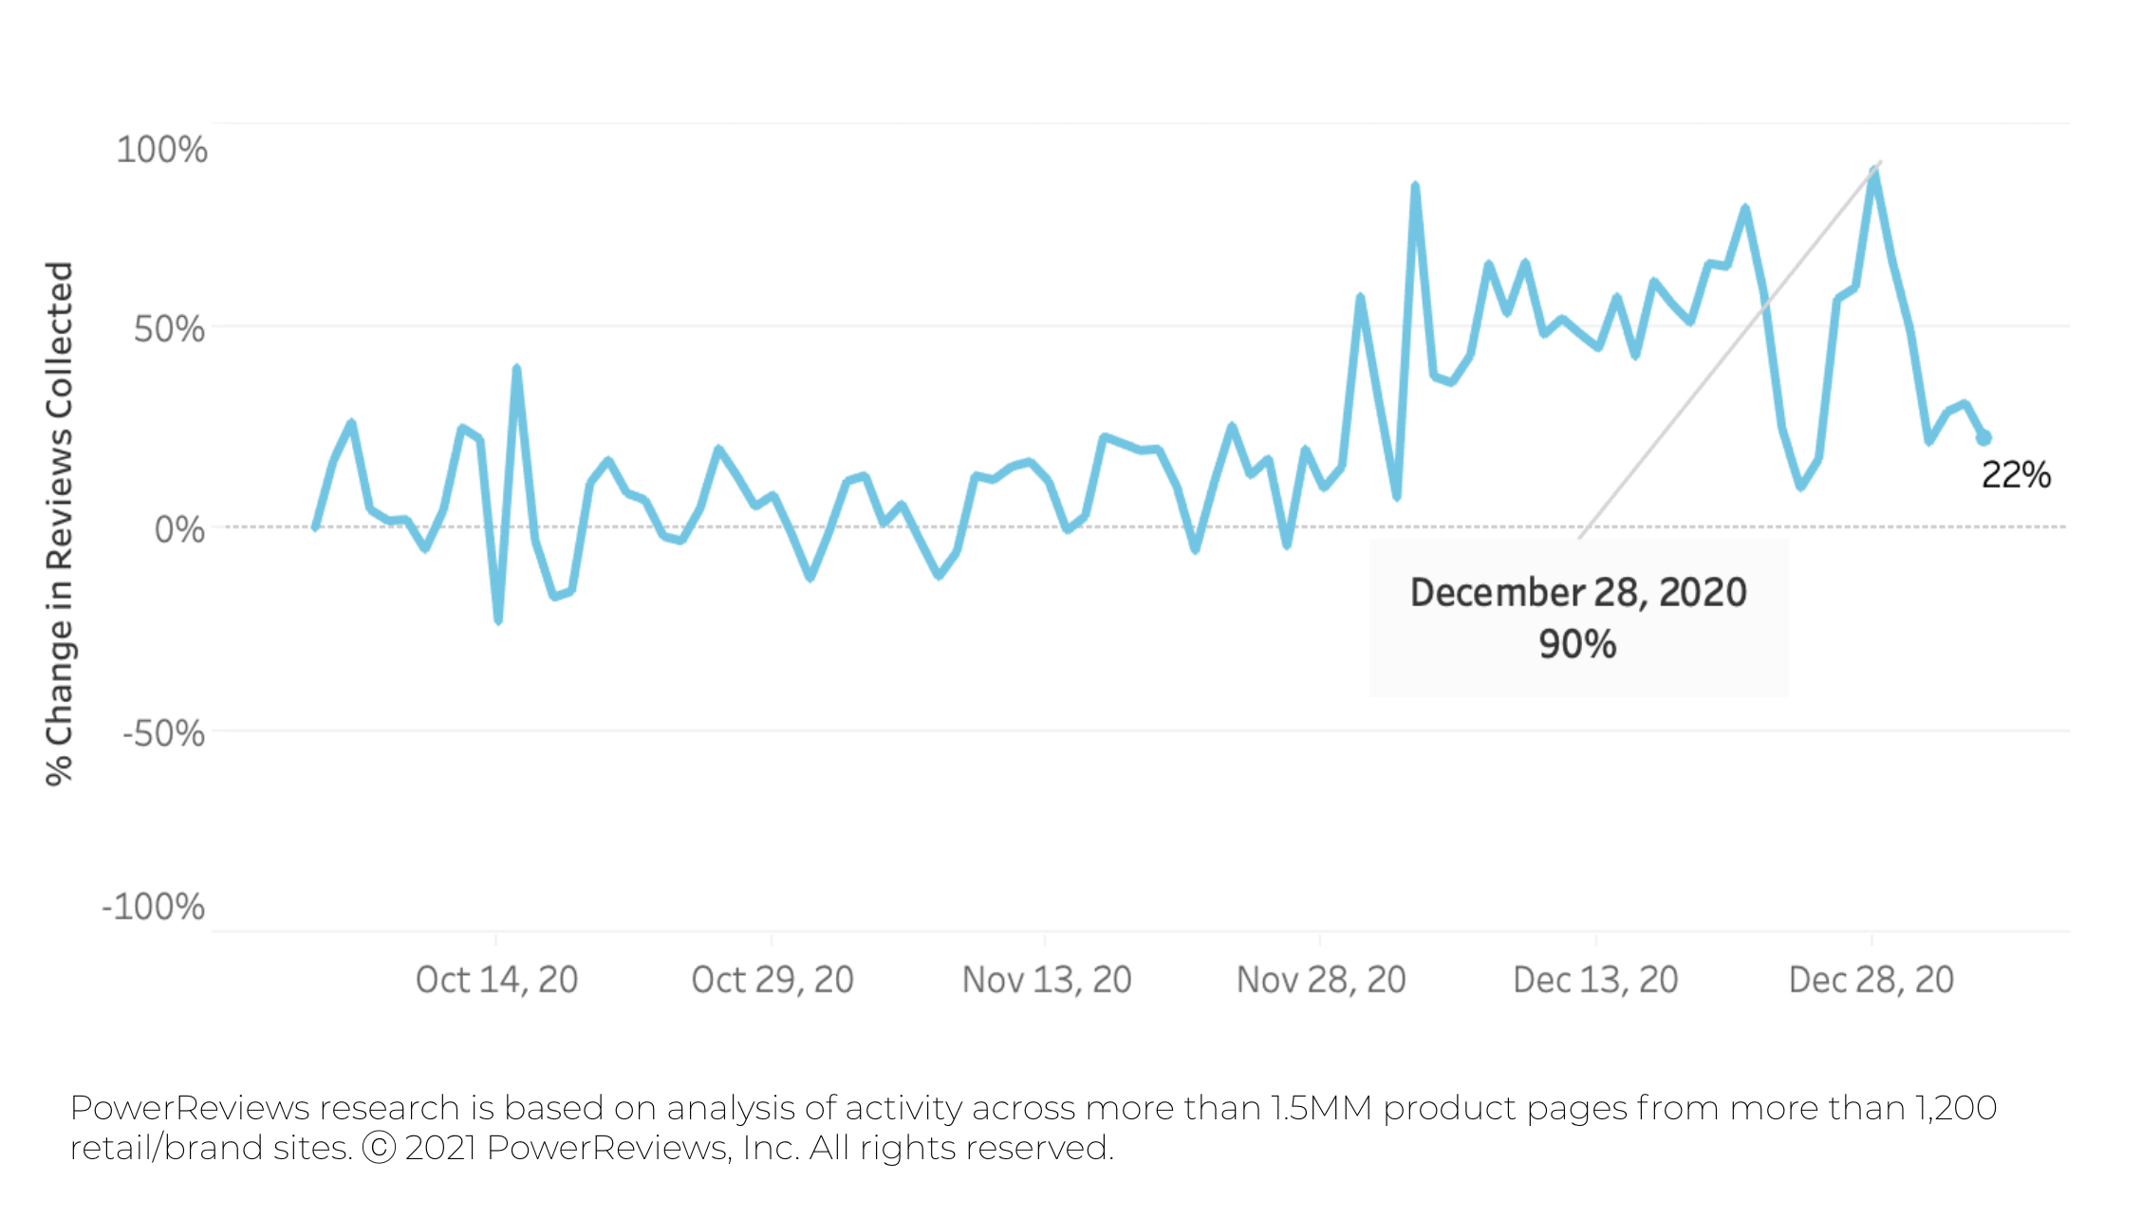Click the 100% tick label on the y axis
pyautogui.click(x=161, y=150)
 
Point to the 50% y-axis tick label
pyautogui.click(x=169, y=329)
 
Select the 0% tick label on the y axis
pyautogui.click(x=179, y=529)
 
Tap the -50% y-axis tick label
pyautogui.click(x=163, y=733)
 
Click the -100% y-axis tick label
pyautogui.click(x=153, y=907)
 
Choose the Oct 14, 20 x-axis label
pyautogui.click(x=496, y=980)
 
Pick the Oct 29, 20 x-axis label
pyautogui.click(x=773, y=980)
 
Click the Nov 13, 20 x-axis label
pyautogui.click(x=1047, y=980)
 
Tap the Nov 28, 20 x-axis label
pyautogui.click(x=1321, y=980)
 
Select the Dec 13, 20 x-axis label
pyautogui.click(x=1595, y=980)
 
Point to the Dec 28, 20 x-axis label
pyautogui.click(x=1871, y=980)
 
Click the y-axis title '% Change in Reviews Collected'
pyautogui.click(x=59, y=524)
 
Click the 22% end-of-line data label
pyautogui.click(x=2016, y=475)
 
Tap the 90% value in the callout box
pyautogui.click(x=1577, y=644)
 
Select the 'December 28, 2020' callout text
pyautogui.click(x=1577, y=593)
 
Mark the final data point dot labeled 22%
pyautogui.click(x=1983, y=437)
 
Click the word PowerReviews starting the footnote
pyautogui.click(x=190, y=1108)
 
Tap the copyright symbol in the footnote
pyautogui.click(x=379, y=1148)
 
